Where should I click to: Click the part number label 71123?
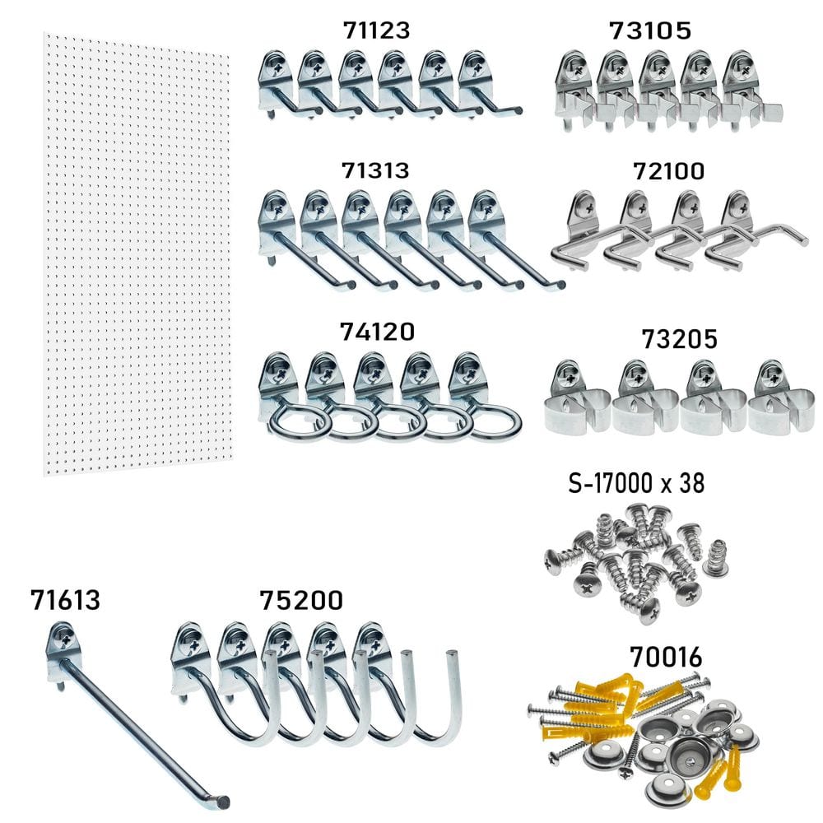point(375,31)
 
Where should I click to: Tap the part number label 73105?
point(650,31)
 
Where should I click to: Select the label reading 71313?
point(375,170)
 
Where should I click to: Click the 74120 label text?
point(377,331)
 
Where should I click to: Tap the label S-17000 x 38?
point(637,483)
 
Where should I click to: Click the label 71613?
point(65,600)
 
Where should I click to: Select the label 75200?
point(301,600)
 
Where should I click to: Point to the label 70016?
point(666,658)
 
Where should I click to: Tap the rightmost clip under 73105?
point(745,91)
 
